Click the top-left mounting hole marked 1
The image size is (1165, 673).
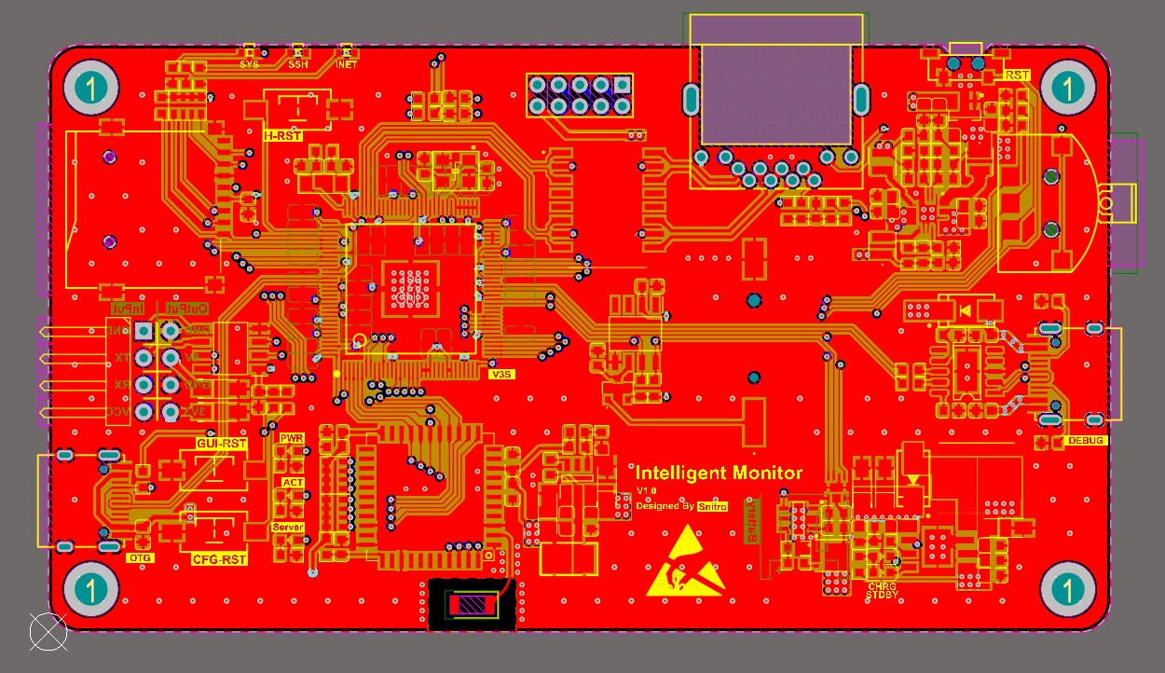(x=90, y=89)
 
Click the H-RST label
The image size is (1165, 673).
(x=282, y=136)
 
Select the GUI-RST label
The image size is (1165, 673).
(x=221, y=444)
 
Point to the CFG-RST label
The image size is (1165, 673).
(x=220, y=559)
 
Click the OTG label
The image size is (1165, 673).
(x=140, y=558)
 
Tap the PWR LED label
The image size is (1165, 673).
(x=292, y=437)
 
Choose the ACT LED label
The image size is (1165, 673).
(x=293, y=482)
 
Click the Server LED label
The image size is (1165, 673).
(x=288, y=528)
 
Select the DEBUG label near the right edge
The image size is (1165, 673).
(x=1085, y=440)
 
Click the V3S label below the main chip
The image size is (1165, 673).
(x=501, y=374)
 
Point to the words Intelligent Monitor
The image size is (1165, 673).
(x=719, y=473)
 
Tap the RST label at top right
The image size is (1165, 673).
(x=1018, y=75)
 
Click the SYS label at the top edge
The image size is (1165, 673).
(x=250, y=65)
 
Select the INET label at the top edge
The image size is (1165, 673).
(x=346, y=65)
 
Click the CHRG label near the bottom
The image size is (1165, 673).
(x=882, y=586)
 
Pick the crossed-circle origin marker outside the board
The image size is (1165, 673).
(x=48, y=632)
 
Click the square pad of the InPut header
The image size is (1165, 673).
(x=143, y=331)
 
